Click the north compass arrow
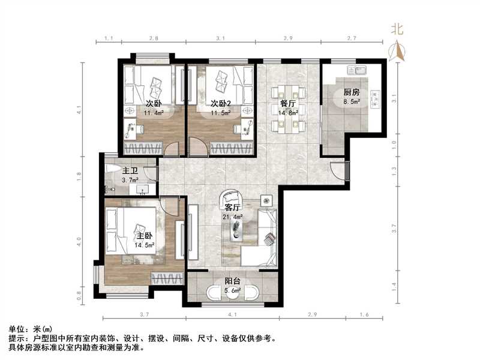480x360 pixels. (x=397, y=50)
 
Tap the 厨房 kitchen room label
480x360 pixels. (x=352, y=92)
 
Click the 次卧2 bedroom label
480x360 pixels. (x=221, y=103)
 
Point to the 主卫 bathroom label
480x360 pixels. (x=130, y=171)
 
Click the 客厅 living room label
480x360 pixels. (x=232, y=208)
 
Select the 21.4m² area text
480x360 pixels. (x=233, y=217)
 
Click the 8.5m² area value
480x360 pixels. (x=352, y=101)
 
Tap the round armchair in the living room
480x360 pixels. (x=230, y=197)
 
